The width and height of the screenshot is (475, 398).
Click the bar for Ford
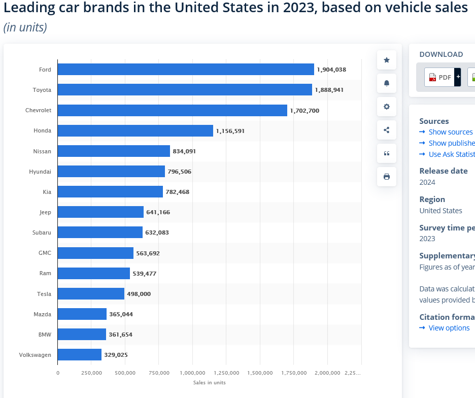[186, 70]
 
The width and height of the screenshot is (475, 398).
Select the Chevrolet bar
[173, 110]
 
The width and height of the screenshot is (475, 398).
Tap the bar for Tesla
[91, 294]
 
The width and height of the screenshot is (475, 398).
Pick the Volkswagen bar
[80, 355]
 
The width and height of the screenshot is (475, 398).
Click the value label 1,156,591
[230, 131]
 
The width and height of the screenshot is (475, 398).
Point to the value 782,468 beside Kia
[177, 192]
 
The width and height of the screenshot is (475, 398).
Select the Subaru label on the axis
[42, 233]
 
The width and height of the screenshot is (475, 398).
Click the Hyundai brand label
[40, 172]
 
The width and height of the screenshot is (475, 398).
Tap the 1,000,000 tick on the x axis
[192, 373]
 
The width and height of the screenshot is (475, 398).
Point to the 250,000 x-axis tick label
[91, 373]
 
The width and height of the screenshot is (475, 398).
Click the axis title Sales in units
[209, 382]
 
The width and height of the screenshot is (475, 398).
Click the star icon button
[387, 60]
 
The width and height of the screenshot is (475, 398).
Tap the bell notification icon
[387, 83]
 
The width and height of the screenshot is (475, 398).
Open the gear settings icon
[387, 107]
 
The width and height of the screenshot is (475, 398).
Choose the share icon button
[387, 130]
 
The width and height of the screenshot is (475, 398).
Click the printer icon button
[387, 177]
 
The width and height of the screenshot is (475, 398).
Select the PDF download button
[439, 77]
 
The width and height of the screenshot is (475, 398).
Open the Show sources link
[450, 132]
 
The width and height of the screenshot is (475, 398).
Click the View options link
[449, 328]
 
